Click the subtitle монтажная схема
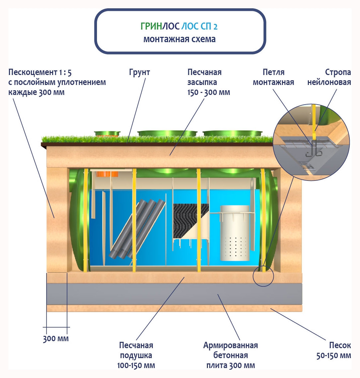pyautogui.click(x=179, y=39)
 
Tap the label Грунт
pyautogui.click(x=139, y=72)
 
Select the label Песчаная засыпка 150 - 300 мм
pyautogui.click(x=209, y=82)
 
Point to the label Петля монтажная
pyautogui.click(x=273, y=77)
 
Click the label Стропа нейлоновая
pyautogui.click(x=329, y=77)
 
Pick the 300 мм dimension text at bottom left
pyautogui.click(x=56, y=339)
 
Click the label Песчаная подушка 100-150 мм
pyautogui.click(x=136, y=355)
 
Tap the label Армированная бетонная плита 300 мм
pyautogui.click(x=230, y=355)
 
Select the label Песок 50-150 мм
pyautogui.click(x=333, y=350)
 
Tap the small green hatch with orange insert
pyautogui.click(x=107, y=134)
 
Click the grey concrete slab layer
pyautogui.click(x=174, y=294)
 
